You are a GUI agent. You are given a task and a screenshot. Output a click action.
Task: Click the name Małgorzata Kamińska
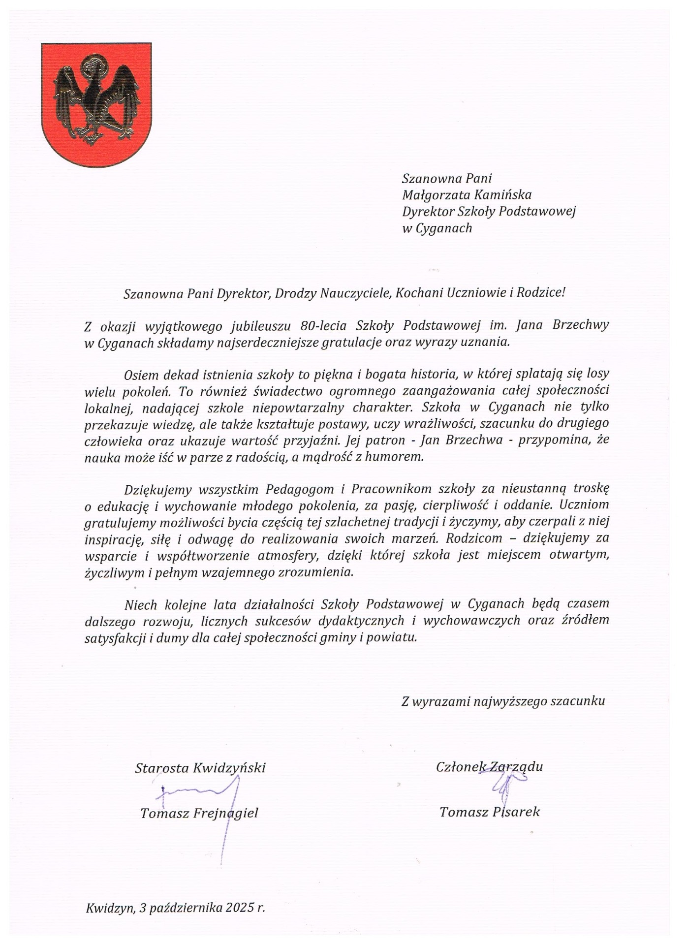tap(467, 195)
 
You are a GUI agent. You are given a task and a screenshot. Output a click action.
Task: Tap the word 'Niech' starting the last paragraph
tap(141, 604)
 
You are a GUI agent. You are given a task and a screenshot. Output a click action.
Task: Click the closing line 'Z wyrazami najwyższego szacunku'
tap(503, 701)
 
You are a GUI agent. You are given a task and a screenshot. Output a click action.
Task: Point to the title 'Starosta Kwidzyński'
tap(200, 768)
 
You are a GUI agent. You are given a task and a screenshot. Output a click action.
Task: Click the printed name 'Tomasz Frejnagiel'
tap(199, 813)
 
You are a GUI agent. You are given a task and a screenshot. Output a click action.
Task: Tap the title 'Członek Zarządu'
tap(489, 766)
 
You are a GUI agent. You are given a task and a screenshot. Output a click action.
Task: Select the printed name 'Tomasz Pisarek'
tap(490, 812)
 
